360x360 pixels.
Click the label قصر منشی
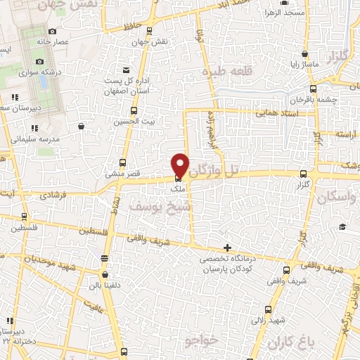(120, 172)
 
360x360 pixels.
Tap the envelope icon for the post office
(126, 70)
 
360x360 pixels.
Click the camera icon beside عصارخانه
(53, 31)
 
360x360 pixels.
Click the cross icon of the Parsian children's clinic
(226, 247)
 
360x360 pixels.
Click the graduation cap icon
(342, 226)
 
